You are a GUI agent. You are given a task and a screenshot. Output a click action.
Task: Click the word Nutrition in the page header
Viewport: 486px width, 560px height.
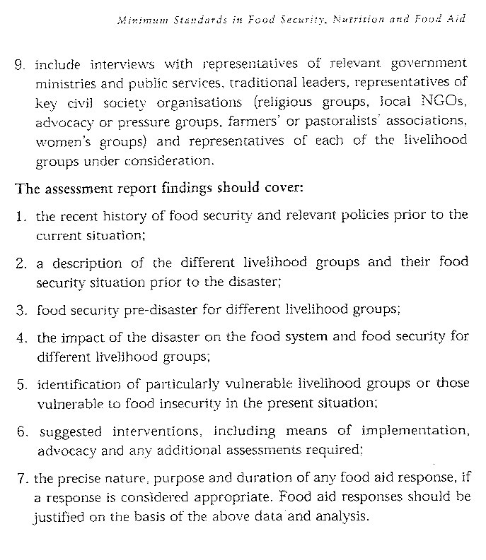[x=354, y=20]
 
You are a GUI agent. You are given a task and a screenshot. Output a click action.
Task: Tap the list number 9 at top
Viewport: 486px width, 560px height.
[x=19, y=65]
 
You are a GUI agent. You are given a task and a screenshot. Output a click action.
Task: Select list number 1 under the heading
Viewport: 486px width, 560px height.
[x=19, y=215]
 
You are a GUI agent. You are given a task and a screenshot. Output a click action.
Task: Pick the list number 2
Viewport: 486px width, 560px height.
[x=20, y=263]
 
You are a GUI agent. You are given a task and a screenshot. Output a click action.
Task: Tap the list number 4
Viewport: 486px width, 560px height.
[x=20, y=337]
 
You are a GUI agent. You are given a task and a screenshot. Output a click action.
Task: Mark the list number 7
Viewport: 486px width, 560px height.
[x=19, y=478]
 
